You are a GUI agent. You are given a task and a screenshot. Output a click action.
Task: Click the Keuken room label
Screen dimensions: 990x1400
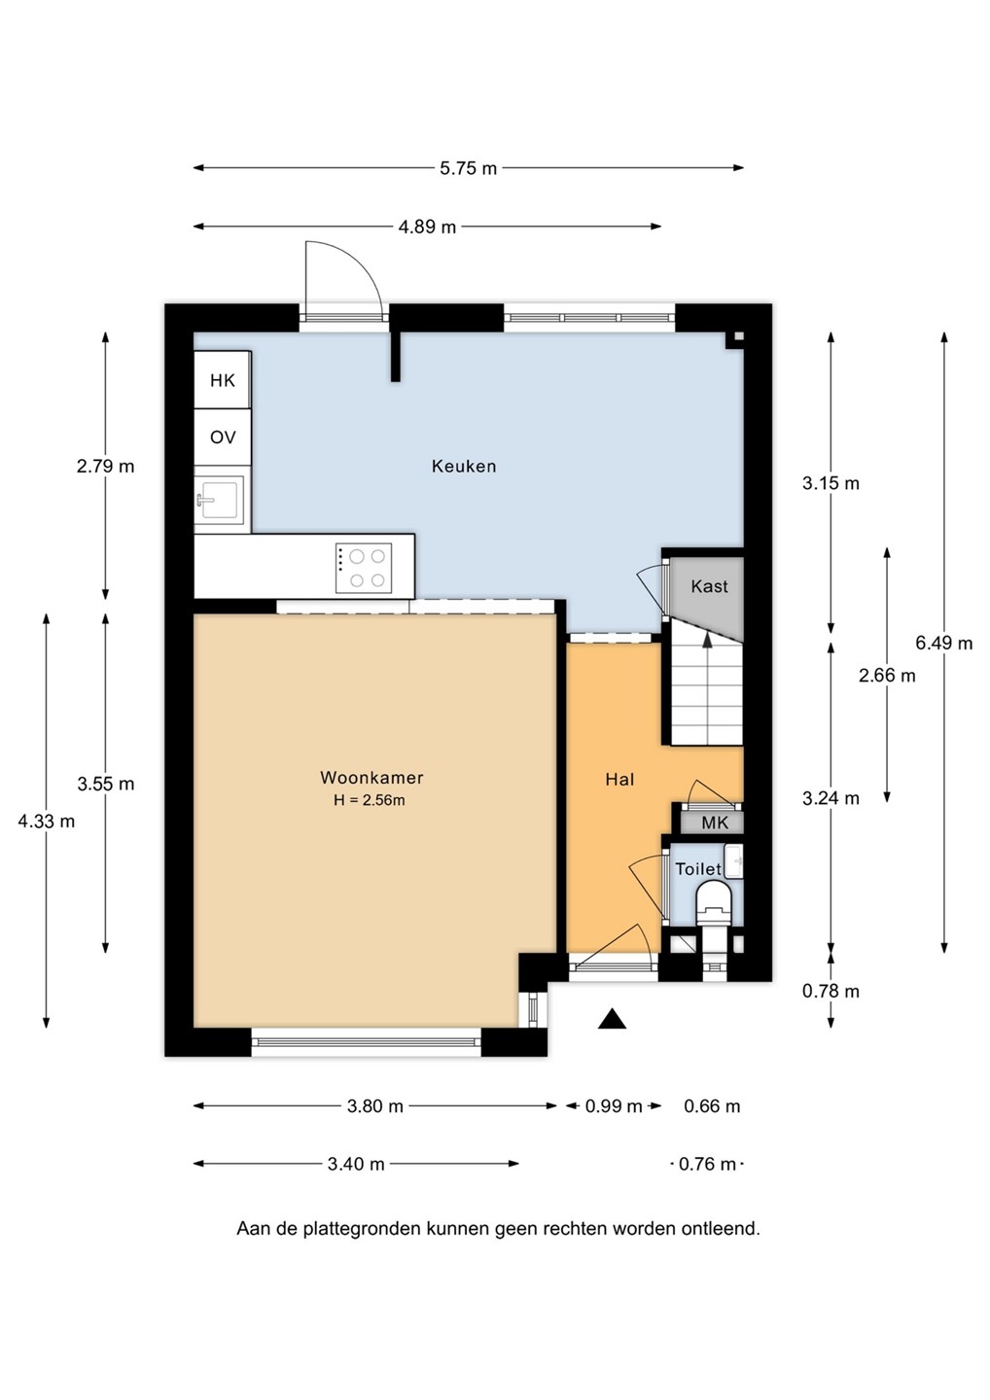coord(464,467)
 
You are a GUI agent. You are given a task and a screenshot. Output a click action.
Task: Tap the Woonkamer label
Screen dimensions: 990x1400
coord(371,778)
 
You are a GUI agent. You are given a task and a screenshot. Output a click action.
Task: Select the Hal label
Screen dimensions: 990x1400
coord(620,780)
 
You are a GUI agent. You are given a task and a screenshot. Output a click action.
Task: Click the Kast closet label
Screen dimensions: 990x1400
coord(709,586)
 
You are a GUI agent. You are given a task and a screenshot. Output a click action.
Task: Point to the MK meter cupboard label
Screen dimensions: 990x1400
coord(715,822)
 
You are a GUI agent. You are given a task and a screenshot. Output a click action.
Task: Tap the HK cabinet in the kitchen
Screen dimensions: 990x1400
coord(223,380)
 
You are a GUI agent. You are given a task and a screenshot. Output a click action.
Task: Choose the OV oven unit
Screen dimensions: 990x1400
coord(223,437)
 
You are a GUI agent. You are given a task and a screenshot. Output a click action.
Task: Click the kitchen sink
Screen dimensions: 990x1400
coord(220,500)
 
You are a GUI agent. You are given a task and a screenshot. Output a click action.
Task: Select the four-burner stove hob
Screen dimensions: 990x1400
coord(364,568)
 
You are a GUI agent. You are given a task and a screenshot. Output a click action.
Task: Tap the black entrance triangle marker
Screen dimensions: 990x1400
coord(612,1019)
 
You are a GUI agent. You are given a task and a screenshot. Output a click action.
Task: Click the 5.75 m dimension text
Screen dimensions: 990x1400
coord(468,168)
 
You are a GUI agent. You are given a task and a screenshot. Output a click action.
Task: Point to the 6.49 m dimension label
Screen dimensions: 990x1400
coord(943,643)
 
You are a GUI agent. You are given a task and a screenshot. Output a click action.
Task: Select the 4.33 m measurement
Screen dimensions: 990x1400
coord(47,822)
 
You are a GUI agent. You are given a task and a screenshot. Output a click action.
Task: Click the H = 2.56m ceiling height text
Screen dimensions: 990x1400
coord(369,800)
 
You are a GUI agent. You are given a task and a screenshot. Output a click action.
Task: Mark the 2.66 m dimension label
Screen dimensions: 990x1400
coord(887,675)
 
